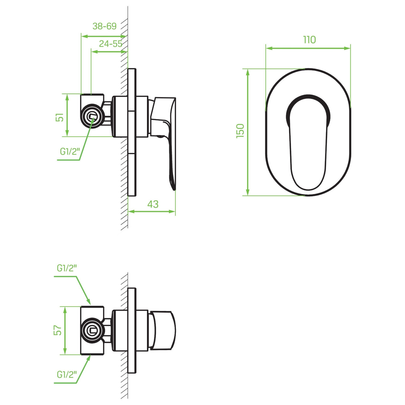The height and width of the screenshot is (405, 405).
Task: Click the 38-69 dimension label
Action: point(104,26)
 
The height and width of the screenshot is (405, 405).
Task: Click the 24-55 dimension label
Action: point(111,44)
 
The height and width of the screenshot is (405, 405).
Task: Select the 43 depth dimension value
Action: point(153,204)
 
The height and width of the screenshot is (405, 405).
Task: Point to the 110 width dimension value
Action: point(309,40)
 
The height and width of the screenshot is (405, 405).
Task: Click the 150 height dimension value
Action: point(240,131)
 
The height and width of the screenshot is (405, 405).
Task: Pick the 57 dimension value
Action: point(57,330)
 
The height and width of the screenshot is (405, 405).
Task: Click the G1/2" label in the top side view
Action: point(70,151)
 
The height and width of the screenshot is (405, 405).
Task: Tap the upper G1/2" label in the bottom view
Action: point(67,268)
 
